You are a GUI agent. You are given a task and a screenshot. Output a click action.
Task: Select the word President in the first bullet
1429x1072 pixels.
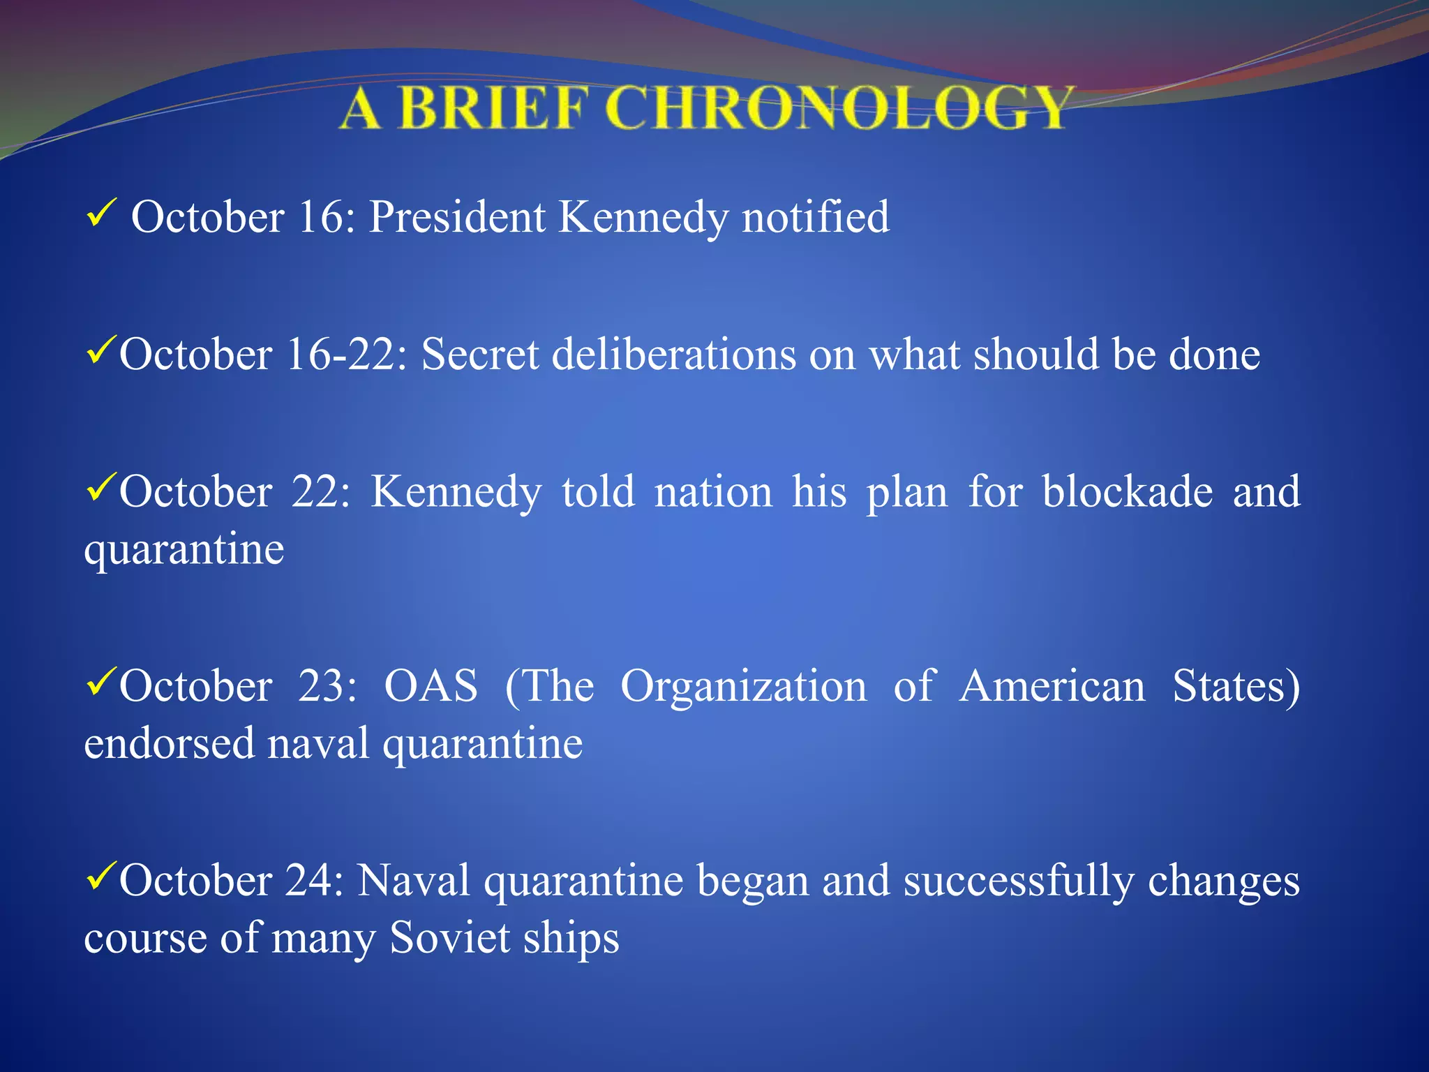pyautogui.click(x=456, y=217)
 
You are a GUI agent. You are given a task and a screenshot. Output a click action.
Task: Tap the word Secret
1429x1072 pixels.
pyautogui.click(x=480, y=355)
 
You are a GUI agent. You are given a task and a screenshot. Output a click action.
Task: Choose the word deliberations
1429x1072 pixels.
pyautogui.click(x=674, y=355)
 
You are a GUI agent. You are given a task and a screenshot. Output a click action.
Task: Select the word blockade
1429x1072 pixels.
pyautogui.click(x=1128, y=492)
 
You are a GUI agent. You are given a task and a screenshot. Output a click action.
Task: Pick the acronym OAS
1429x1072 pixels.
pyautogui.click(x=431, y=686)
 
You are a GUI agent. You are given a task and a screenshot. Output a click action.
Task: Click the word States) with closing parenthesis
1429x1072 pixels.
pyautogui.click(x=1236, y=686)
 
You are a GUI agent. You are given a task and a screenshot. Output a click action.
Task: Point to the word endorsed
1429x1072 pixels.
pyautogui.click(x=169, y=743)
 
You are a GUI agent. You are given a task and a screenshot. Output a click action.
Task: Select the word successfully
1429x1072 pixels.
pyautogui.click(x=1018, y=881)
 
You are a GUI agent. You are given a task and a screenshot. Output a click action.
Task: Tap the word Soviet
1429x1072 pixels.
pyautogui.click(x=449, y=937)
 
